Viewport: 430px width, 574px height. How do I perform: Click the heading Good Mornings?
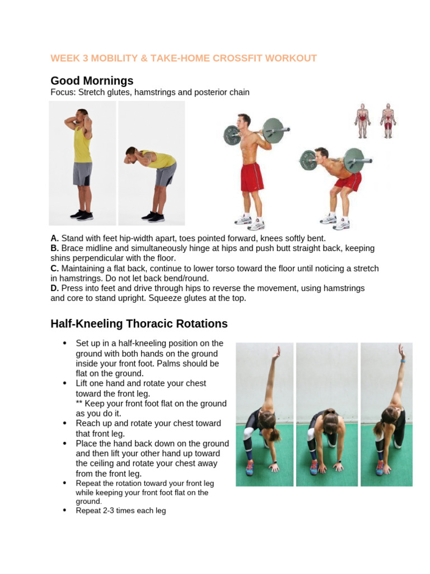coord(92,81)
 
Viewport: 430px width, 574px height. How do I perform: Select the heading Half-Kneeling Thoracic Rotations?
coord(139,323)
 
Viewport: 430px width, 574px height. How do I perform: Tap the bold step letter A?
coord(54,238)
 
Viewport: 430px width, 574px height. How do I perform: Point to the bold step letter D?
coord(54,288)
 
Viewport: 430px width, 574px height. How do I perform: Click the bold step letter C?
coord(54,269)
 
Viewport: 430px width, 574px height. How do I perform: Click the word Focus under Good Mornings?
coord(62,92)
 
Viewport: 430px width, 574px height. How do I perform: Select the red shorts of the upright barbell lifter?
coord(253,177)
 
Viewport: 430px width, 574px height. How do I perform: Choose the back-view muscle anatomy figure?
coord(387,121)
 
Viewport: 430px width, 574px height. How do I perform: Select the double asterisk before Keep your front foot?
coord(79,404)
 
